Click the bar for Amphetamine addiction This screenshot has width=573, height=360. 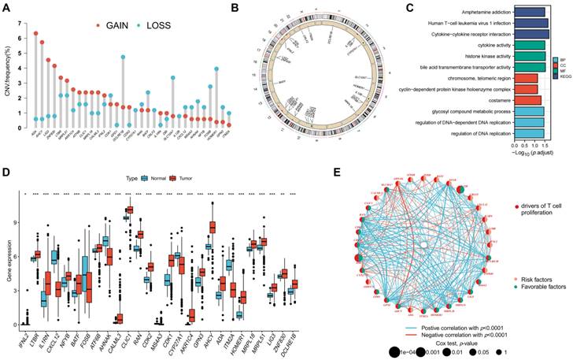click(x=530, y=11)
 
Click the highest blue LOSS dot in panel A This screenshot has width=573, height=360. click(x=123, y=57)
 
